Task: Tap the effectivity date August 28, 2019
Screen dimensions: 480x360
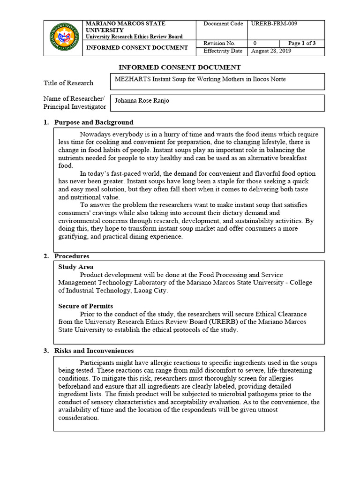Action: point(271,51)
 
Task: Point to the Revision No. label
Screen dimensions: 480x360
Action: point(219,44)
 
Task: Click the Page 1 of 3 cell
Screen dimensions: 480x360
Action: point(302,44)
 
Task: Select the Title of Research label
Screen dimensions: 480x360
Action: point(68,83)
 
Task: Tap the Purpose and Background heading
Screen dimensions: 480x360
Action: point(94,122)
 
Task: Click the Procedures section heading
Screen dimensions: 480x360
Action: point(72,256)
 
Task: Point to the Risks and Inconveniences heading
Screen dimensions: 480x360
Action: point(94,351)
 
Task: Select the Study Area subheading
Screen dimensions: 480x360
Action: point(75,267)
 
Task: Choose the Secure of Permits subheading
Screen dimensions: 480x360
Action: point(85,306)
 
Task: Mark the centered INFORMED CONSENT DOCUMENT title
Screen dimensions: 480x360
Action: point(180,67)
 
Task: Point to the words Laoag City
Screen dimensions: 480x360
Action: point(151,291)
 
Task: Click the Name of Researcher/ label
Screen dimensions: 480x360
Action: point(74,98)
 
